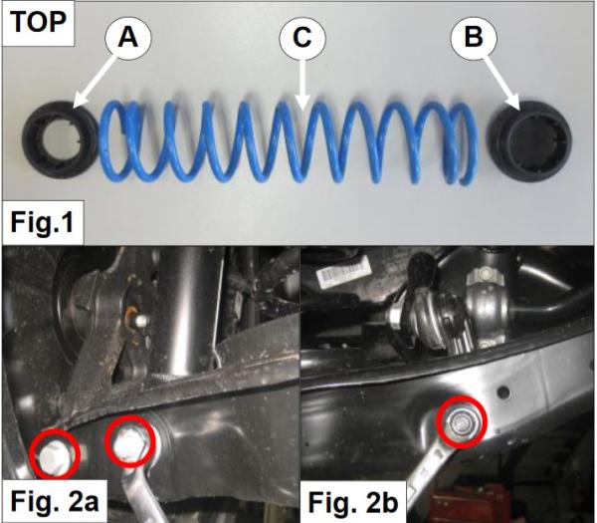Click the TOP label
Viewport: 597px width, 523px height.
coord(38,22)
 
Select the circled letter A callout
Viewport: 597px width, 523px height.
coord(128,38)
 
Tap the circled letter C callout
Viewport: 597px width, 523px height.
coord(302,38)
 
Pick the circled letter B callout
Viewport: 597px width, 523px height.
coord(474,38)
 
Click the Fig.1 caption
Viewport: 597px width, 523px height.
coord(42,222)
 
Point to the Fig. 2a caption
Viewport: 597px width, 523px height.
coord(55,502)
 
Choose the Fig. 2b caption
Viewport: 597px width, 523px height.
coord(353,502)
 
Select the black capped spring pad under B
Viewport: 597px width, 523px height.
coord(529,141)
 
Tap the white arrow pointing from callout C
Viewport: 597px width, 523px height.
coord(302,85)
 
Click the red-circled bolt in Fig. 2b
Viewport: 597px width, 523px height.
coord(462,422)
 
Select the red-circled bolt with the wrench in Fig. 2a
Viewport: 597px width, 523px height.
coord(130,441)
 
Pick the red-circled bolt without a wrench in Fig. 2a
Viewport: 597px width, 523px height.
coord(55,454)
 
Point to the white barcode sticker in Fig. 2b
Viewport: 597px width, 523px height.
coord(344,271)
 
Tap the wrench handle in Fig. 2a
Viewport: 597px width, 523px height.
coord(141,495)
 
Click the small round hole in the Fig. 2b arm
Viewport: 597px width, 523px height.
coord(503,392)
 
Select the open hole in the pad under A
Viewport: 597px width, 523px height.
coord(61,140)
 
